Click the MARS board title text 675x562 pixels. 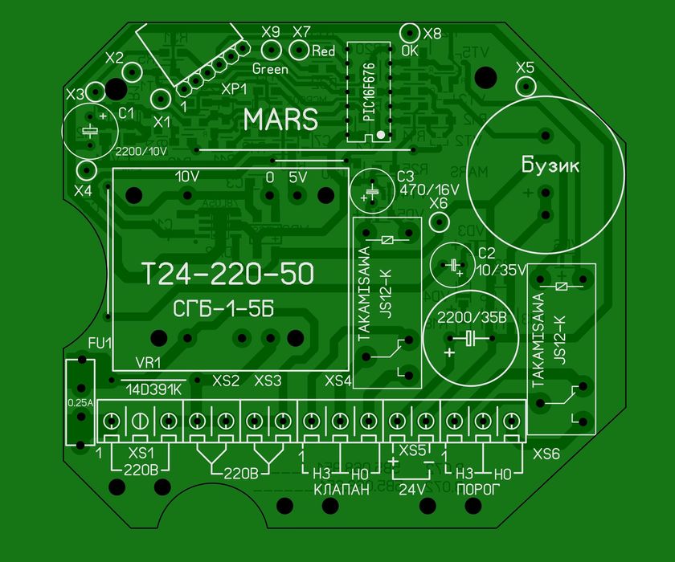pos(280,120)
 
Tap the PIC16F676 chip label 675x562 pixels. pos(368,88)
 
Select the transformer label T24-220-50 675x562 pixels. pos(227,275)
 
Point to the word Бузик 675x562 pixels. pos(550,166)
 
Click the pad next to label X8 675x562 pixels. pos(410,33)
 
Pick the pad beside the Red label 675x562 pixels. pos(298,51)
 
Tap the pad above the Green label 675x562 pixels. pos(271,51)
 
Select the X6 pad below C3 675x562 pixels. pos(439,221)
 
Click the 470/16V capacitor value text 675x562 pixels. pos(428,190)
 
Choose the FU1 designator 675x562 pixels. pos(100,344)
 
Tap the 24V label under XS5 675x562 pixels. pos(412,488)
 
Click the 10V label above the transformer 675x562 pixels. pos(186,176)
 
